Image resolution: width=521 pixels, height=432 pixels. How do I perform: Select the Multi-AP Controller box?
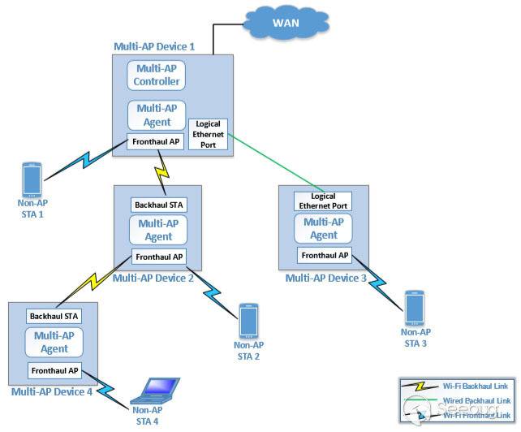point(157,77)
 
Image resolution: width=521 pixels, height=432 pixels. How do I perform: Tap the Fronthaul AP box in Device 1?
point(157,141)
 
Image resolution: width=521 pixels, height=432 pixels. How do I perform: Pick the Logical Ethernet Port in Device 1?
point(207,134)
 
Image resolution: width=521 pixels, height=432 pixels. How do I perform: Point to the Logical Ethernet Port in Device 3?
point(324,201)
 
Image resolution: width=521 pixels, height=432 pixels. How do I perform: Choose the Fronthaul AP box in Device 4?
point(54,370)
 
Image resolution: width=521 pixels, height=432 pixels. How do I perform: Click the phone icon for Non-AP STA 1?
point(32,179)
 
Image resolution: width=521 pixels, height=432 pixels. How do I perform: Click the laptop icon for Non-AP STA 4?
point(157,391)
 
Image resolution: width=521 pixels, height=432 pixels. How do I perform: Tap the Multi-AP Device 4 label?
point(52,391)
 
